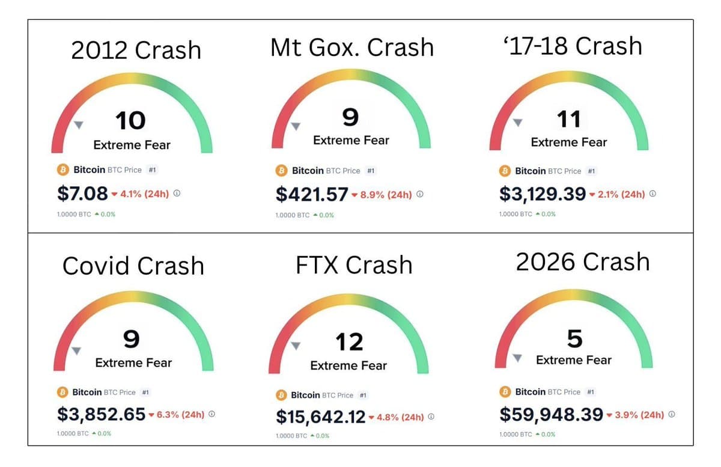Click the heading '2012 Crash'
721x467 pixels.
pyautogui.click(x=136, y=50)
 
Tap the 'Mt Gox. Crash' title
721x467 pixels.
pyautogui.click(x=351, y=47)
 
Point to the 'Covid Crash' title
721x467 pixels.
pyautogui.click(x=133, y=266)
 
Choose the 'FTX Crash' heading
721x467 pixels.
pyautogui.click(x=354, y=264)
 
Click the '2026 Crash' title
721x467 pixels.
pyautogui.click(x=583, y=262)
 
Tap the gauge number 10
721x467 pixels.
pyautogui.click(x=130, y=121)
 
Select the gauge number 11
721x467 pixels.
pyautogui.click(x=568, y=119)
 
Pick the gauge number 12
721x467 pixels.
pyautogui.click(x=349, y=342)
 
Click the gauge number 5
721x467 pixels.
pyautogui.click(x=574, y=339)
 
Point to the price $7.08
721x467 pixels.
pyautogui.click(x=83, y=194)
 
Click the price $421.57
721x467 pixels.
pyautogui.click(x=312, y=194)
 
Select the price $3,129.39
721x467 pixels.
pyautogui.click(x=543, y=194)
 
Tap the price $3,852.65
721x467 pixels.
pyautogui.click(x=101, y=414)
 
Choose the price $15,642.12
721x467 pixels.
pyautogui.click(x=320, y=417)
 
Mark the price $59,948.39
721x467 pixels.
pyautogui.click(x=551, y=414)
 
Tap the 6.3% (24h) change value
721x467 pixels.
pyautogui.click(x=180, y=415)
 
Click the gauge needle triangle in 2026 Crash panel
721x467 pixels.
pyautogui.click(x=517, y=358)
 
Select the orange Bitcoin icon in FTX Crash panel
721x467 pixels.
pyautogui.click(x=281, y=395)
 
